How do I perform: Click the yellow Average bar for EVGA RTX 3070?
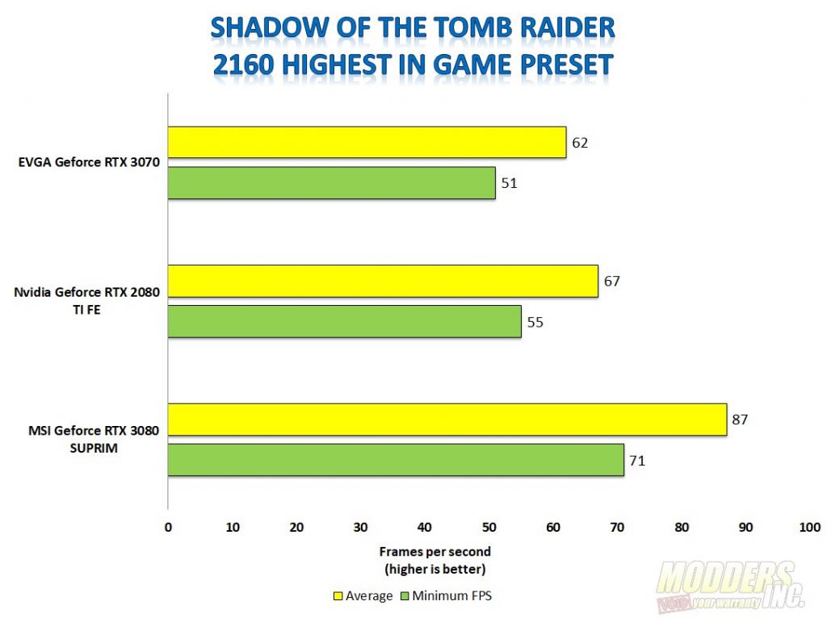point(367,142)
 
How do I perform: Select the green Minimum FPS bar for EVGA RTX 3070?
point(331,182)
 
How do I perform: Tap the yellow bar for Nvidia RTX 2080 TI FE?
point(383,281)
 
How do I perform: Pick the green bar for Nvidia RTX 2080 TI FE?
point(344,321)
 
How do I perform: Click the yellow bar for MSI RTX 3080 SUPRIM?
point(447,420)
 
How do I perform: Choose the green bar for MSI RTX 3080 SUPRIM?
point(396,460)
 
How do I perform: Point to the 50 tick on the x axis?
point(489,528)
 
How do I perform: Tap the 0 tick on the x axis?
point(168,528)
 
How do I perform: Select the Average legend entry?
point(363,596)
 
